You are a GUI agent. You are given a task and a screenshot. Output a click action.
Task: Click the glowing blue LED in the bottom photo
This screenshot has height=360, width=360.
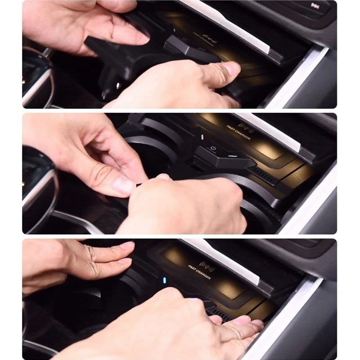coord(164,280)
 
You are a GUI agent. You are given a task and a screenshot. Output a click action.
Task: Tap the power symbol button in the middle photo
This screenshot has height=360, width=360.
coord(213,147)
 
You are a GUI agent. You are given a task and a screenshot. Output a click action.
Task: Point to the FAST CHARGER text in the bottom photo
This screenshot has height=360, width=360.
coord(199,272)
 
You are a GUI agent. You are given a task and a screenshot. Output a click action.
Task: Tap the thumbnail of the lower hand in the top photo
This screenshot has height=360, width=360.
coord(232,68)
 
